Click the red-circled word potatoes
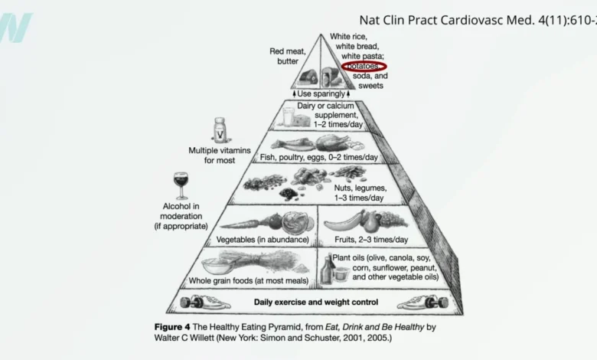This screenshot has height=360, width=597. pyautogui.click(x=364, y=67)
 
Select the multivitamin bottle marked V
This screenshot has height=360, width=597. pyautogui.click(x=220, y=129)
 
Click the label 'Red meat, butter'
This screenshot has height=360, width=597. pyautogui.click(x=288, y=56)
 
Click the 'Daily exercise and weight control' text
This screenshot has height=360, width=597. pyautogui.click(x=315, y=302)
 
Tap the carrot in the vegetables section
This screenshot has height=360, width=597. pyautogui.click(x=238, y=223)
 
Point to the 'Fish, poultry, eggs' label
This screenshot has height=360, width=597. pyautogui.click(x=319, y=157)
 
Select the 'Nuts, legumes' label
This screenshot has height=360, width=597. pyautogui.click(x=360, y=192)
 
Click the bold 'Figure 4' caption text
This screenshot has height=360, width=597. pyautogui.click(x=175, y=326)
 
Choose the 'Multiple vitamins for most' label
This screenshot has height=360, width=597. pyautogui.click(x=220, y=155)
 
